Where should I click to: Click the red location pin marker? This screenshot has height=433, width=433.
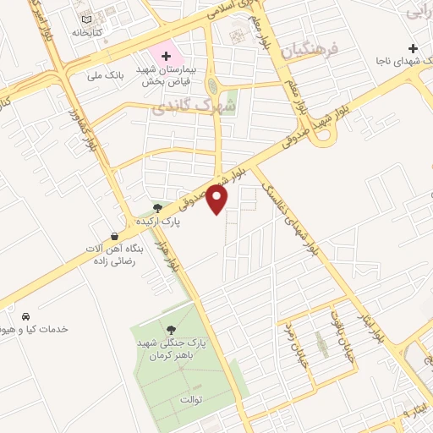pos(218,200)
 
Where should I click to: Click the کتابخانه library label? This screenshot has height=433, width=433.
pos(86,31)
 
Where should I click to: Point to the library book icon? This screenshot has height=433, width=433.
pos(85,18)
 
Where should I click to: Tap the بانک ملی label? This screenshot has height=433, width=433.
pos(106,74)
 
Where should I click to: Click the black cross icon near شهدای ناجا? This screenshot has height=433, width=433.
pos(413,47)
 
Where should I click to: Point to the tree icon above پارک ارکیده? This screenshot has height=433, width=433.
pos(157,207)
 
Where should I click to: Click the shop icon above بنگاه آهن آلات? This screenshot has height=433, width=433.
pos(115,236)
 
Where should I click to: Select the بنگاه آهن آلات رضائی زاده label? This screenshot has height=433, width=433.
pos(115,255)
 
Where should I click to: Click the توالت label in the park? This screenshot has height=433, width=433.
pos(190,397)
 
